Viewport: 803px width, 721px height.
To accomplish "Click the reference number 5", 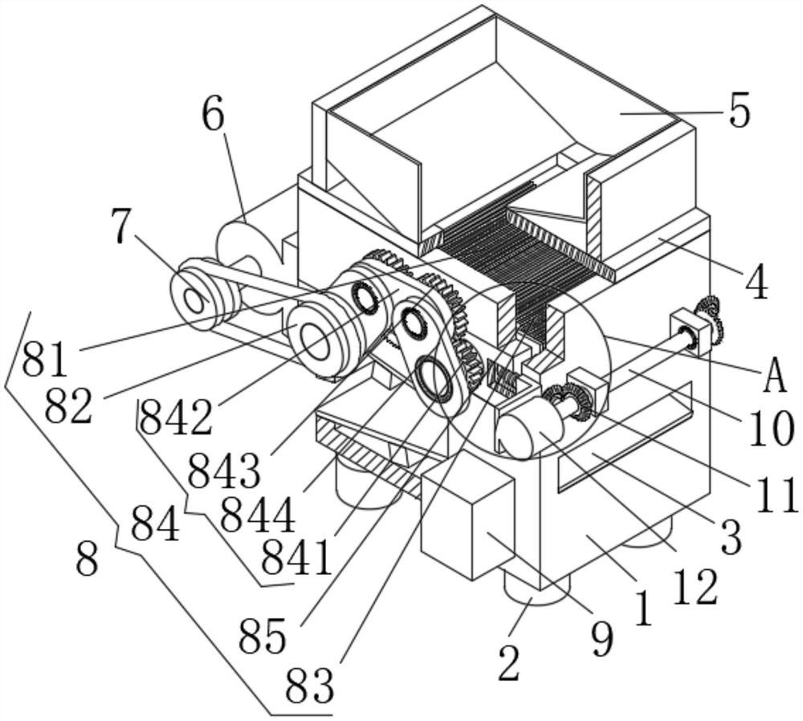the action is point(740,110).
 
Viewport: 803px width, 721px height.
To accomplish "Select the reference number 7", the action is point(121,226).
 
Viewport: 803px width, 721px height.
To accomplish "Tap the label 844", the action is point(258,515).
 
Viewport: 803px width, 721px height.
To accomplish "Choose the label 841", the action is point(298,559).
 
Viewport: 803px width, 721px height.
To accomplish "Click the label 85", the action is point(263,637).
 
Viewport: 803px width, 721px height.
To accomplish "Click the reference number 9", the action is point(601,640).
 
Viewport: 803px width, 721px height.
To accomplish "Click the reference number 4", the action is point(756,282).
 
